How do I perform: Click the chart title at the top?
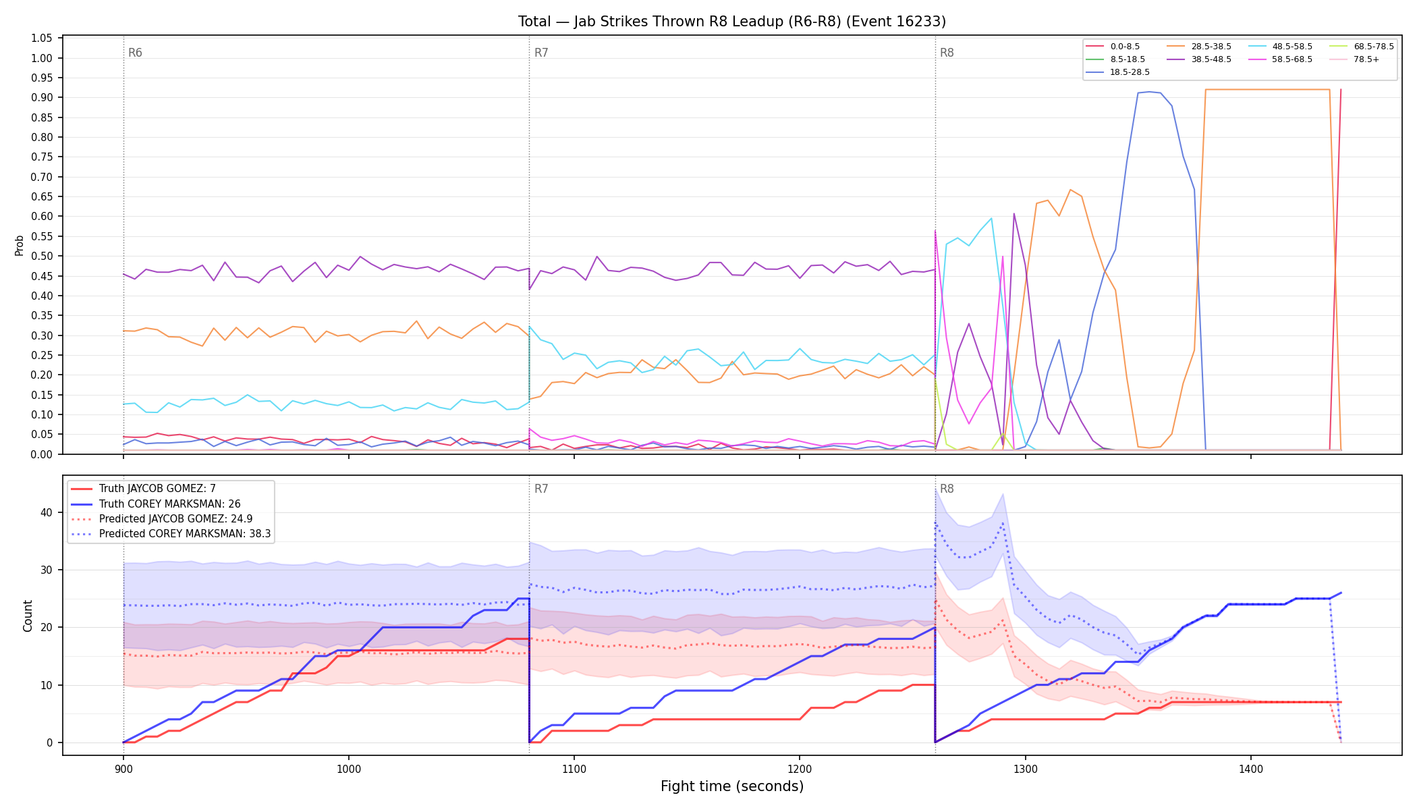point(732,22)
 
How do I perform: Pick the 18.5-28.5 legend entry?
point(1117,72)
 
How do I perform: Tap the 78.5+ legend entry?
point(1355,59)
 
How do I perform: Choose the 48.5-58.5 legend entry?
point(1279,47)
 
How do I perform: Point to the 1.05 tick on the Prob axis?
point(42,38)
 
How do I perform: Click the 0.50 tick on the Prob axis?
point(42,256)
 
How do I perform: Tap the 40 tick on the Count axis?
point(46,512)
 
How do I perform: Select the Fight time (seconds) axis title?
point(732,786)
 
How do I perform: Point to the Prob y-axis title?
point(19,245)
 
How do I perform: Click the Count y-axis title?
point(28,616)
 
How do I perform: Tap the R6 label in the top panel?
point(135,53)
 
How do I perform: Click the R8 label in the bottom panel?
point(947,489)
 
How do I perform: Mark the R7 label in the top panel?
point(541,53)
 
